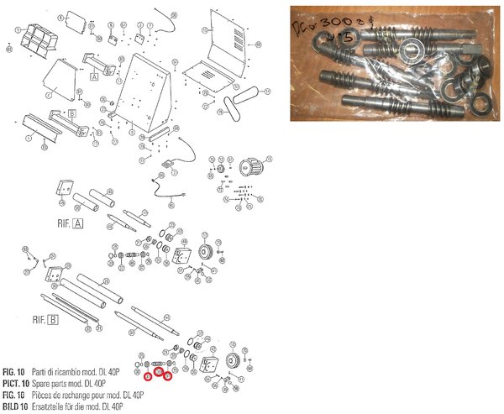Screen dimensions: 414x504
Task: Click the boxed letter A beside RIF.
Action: (x=79, y=223)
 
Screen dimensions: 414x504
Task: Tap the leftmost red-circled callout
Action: (x=148, y=378)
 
